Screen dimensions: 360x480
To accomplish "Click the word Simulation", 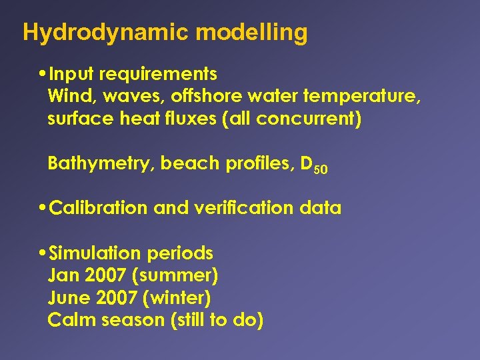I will pos(95,253).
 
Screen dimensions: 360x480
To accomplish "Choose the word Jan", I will pos(63,275).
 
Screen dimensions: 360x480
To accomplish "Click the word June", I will pos(67,297).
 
